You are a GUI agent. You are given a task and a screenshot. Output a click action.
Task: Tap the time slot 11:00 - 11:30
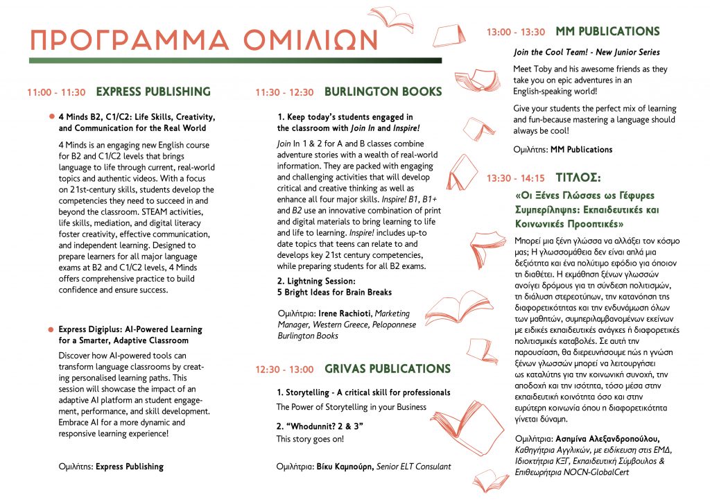coord(56,92)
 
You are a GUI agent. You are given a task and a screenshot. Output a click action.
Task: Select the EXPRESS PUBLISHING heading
coord(153,92)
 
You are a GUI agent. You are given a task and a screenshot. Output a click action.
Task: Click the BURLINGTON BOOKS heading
coord(383,92)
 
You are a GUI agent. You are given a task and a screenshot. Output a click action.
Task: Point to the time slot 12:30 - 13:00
coord(284,370)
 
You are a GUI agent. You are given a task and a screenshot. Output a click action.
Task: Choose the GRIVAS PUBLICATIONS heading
coord(388,369)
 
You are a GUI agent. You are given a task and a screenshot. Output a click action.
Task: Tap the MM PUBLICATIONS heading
coord(607,32)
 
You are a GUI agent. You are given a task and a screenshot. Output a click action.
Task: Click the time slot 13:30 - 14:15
coord(516,178)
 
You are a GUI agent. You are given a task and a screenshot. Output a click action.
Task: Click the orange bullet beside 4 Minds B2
coord(51,116)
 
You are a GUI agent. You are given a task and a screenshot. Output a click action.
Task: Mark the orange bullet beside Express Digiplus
coord(51,329)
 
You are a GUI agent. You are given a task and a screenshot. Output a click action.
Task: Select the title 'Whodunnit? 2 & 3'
coord(320,426)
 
